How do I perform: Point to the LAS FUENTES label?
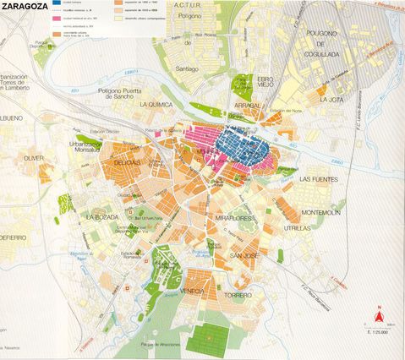318,179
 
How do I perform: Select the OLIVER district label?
34,158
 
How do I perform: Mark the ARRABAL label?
247,106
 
